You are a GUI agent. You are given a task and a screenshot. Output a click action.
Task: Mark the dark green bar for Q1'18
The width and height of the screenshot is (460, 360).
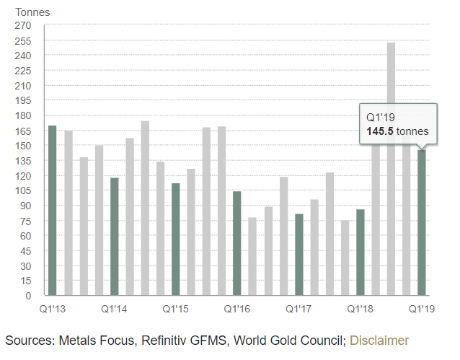click(x=360, y=253)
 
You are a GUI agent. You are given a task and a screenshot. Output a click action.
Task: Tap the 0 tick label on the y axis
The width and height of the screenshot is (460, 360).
click(x=28, y=296)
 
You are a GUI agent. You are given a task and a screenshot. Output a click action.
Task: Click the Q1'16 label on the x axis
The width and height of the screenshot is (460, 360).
click(x=236, y=308)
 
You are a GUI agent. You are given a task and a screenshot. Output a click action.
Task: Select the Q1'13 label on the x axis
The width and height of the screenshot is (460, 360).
click(x=53, y=308)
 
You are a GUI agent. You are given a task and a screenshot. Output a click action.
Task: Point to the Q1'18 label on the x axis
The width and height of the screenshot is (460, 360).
click(x=360, y=308)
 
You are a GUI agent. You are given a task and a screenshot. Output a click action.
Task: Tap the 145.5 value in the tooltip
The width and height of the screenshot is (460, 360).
click(x=380, y=131)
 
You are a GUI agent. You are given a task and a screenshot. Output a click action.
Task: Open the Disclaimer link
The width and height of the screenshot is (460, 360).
click(x=379, y=340)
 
